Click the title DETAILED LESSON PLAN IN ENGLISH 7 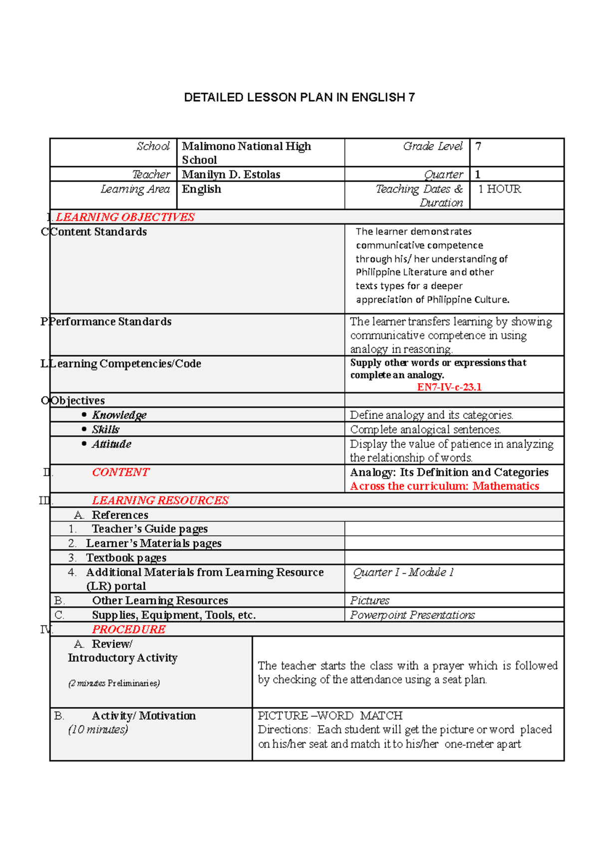[x=299, y=97]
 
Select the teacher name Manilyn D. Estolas [x=231, y=175]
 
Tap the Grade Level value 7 [x=478, y=146]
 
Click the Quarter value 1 [x=478, y=175]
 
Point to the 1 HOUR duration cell [x=499, y=189]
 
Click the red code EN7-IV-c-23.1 [x=449, y=387]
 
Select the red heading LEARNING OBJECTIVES [x=125, y=217]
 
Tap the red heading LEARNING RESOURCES [x=160, y=500]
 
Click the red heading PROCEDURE [x=129, y=630]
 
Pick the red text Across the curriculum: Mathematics [x=444, y=486]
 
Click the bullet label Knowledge [x=119, y=415]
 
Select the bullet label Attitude [x=111, y=444]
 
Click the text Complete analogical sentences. [x=425, y=429]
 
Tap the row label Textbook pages [x=126, y=558]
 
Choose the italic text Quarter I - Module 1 [x=403, y=572]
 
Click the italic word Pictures [x=369, y=601]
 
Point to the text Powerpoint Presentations [x=412, y=615]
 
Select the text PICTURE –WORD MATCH [x=330, y=716]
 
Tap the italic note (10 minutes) [x=98, y=730]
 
